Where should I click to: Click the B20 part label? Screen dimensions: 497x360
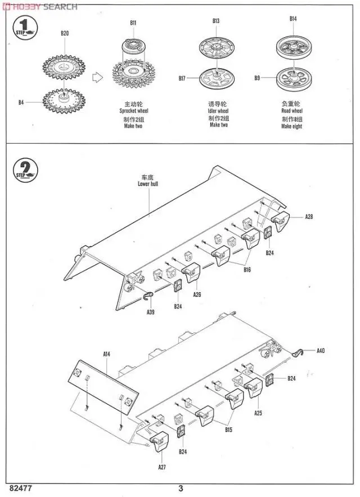[x=65, y=33]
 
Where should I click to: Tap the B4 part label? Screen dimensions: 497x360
[x=21, y=102]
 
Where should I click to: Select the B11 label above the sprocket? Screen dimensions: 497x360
[x=133, y=23]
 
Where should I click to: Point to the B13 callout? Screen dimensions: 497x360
[x=216, y=21]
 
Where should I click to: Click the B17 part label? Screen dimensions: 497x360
[x=182, y=79]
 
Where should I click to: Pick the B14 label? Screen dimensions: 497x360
[x=293, y=19]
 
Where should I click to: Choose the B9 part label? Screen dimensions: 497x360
[x=257, y=78]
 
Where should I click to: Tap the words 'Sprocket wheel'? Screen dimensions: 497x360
[x=134, y=111]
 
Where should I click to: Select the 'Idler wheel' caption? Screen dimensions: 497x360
[x=218, y=111]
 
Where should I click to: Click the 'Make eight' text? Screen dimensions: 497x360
[x=291, y=127]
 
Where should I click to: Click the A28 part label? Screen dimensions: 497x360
[x=309, y=217]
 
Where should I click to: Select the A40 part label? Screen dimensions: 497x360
[x=321, y=351]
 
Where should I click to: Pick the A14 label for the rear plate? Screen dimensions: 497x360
[x=107, y=354]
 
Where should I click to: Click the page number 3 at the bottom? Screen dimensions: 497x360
[x=181, y=488]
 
